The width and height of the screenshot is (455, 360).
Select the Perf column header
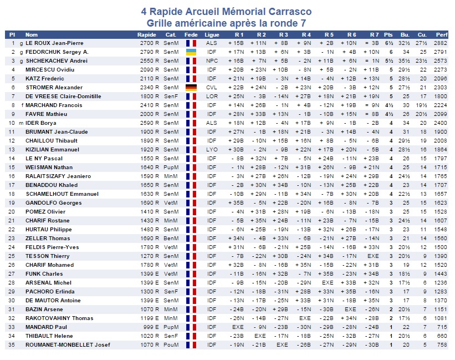click(x=442, y=34)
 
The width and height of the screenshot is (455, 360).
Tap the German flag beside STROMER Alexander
click(x=191, y=87)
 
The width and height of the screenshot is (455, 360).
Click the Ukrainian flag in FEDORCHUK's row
click(x=191, y=52)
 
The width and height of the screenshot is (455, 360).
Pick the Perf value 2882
click(x=442, y=43)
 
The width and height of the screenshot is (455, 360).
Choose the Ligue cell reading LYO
click(x=211, y=149)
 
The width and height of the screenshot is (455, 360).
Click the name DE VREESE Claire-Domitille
click(x=63, y=96)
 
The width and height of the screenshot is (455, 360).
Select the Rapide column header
click(x=147, y=34)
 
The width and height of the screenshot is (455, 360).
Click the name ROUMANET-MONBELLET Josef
click(x=68, y=344)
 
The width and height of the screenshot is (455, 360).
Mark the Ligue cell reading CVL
click(x=211, y=87)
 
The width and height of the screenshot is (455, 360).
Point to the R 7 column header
click(x=374, y=34)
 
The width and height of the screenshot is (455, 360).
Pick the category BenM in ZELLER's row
click(x=171, y=238)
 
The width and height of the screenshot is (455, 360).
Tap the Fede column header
click(x=191, y=34)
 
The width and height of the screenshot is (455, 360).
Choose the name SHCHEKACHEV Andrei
click(x=57, y=60)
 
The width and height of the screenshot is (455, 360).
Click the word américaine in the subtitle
click(x=203, y=23)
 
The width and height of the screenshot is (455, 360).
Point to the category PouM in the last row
click(x=171, y=344)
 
